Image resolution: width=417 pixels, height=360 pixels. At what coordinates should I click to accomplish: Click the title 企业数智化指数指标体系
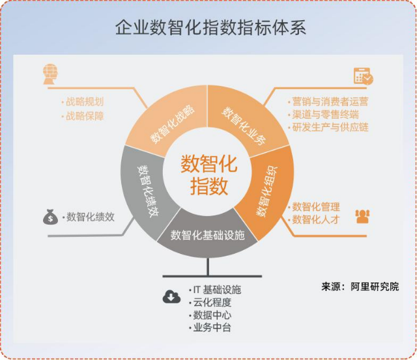[210, 27]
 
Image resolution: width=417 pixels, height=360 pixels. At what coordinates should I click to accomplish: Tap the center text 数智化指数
[209, 175]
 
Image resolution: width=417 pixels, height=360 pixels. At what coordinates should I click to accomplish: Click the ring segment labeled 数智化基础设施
[207, 236]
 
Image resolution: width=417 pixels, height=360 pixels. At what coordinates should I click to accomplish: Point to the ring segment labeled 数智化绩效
[146, 191]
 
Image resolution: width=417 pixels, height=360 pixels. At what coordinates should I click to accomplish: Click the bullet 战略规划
[82, 102]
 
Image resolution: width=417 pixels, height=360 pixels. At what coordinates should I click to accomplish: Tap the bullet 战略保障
[82, 116]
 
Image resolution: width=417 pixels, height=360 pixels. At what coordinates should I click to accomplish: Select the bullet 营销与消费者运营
[328, 102]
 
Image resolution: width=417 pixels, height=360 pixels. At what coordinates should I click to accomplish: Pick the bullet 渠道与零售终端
[323, 115]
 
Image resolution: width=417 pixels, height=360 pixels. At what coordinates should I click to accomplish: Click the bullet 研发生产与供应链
[328, 127]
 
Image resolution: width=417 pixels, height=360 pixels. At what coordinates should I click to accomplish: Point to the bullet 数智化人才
[314, 219]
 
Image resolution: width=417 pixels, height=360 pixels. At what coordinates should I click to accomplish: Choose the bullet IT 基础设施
[215, 290]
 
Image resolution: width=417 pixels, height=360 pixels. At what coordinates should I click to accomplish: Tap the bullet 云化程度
[210, 302]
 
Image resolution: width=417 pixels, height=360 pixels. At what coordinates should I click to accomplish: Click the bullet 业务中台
[210, 327]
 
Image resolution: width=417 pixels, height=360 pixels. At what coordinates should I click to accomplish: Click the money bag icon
[50, 217]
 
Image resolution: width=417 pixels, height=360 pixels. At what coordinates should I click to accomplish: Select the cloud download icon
[171, 297]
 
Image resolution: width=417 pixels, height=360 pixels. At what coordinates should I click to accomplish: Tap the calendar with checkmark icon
[364, 76]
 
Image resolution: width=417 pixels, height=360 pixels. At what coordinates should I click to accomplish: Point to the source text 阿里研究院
[375, 286]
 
